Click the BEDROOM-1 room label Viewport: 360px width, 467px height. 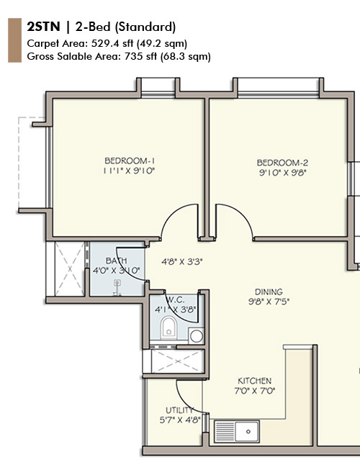coord(130,160)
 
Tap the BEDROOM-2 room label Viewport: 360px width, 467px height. coord(282,162)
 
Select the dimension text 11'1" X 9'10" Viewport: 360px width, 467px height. coord(130,171)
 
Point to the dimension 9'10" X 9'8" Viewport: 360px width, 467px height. coord(282,173)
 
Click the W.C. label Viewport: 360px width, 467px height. coord(176,299)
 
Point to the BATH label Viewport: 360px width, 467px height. coord(116,260)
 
